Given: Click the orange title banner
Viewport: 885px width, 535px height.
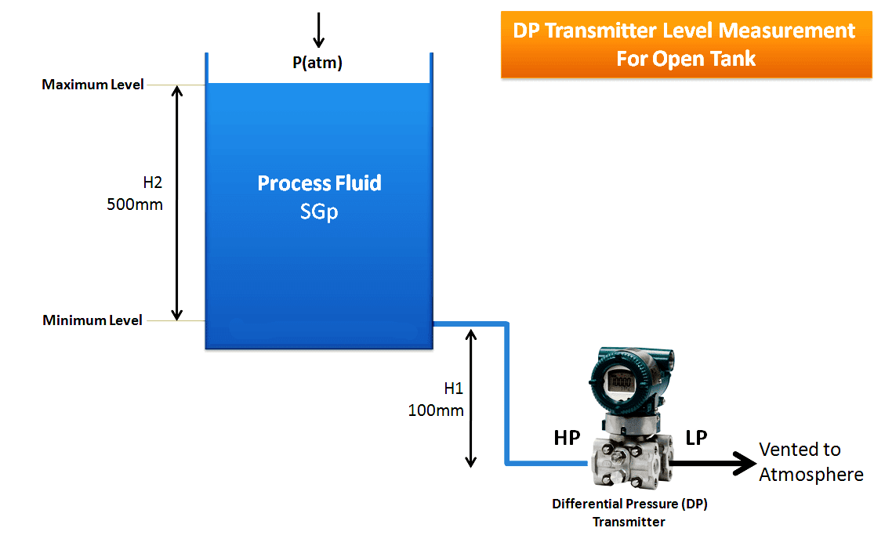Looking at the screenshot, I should click(x=686, y=44).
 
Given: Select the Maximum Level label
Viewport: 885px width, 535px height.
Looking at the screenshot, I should click(x=92, y=85).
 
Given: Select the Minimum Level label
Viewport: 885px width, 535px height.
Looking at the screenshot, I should click(x=92, y=320).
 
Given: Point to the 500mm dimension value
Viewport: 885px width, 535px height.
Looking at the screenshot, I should click(x=135, y=205).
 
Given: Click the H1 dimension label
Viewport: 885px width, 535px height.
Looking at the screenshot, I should click(x=454, y=388).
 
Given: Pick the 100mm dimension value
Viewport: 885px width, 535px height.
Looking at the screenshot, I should click(x=436, y=410).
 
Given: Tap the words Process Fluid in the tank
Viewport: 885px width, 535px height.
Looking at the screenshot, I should click(x=319, y=183).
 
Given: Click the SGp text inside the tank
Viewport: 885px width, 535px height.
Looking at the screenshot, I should click(x=319, y=211).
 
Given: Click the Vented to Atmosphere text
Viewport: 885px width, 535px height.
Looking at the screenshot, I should click(x=811, y=462).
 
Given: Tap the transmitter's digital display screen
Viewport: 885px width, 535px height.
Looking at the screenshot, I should click(x=619, y=383).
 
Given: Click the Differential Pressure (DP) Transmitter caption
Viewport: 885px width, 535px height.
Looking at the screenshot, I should click(x=629, y=513).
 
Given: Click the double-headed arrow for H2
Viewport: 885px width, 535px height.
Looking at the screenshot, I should click(x=177, y=202).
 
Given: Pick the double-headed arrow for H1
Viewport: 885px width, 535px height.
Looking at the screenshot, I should click(x=471, y=397).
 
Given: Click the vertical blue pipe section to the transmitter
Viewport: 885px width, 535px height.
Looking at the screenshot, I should click(x=507, y=392).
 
